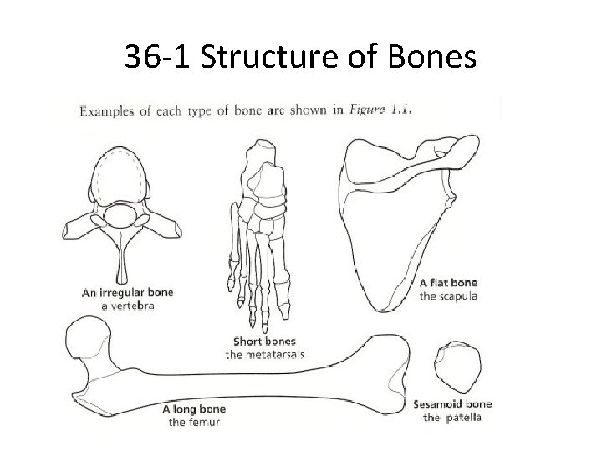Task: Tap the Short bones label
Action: pyautogui.click(x=264, y=341)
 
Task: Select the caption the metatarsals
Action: pyautogui.click(x=264, y=355)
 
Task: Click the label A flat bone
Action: pyautogui.click(x=447, y=283)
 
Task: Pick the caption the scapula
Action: pyautogui.click(x=448, y=296)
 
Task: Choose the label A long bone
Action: pyautogui.click(x=193, y=409)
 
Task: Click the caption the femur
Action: pyautogui.click(x=193, y=423)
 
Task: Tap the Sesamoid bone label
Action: pyautogui.click(x=452, y=404)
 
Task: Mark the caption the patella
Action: pyautogui.click(x=452, y=418)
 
